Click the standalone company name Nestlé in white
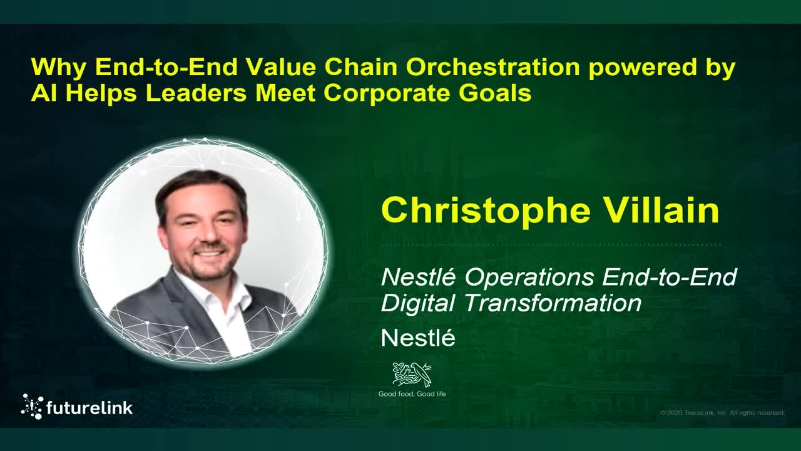pos(417,338)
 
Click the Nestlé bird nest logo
pos(411,374)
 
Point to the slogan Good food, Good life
pos(412,394)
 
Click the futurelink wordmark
pos(89,408)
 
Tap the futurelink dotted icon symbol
pos(32,407)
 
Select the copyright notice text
pos(722,413)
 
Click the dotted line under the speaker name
pos(551,245)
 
